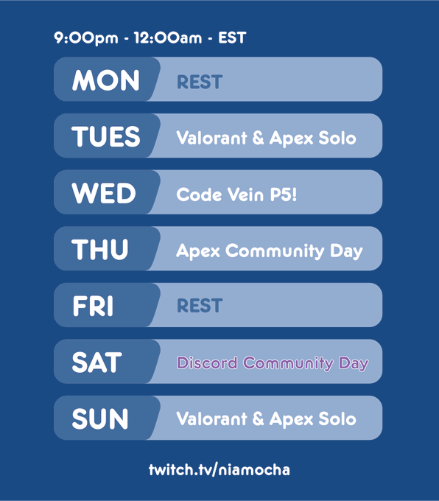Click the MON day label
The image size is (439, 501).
(x=106, y=80)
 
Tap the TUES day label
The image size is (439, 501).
(x=106, y=137)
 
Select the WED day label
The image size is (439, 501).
(x=104, y=193)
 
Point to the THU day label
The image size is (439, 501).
(x=99, y=250)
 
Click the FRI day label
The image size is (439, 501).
(x=93, y=306)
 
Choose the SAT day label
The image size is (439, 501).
(x=96, y=362)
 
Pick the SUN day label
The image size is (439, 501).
(x=100, y=419)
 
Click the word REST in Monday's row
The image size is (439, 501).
(x=200, y=82)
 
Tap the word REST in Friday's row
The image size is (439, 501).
(x=200, y=306)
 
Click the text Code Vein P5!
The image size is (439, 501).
(x=236, y=195)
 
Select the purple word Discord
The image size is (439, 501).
(x=207, y=362)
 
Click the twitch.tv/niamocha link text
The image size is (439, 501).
(x=219, y=470)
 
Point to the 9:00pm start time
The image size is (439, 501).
(x=86, y=38)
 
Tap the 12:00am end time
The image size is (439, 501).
(x=168, y=38)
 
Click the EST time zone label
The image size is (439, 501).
(x=232, y=38)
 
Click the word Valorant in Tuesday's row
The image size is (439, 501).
(x=212, y=138)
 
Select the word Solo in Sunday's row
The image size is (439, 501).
(x=337, y=418)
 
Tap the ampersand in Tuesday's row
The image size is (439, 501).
(x=258, y=138)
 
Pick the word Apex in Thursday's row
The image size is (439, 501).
(x=198, y=251)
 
